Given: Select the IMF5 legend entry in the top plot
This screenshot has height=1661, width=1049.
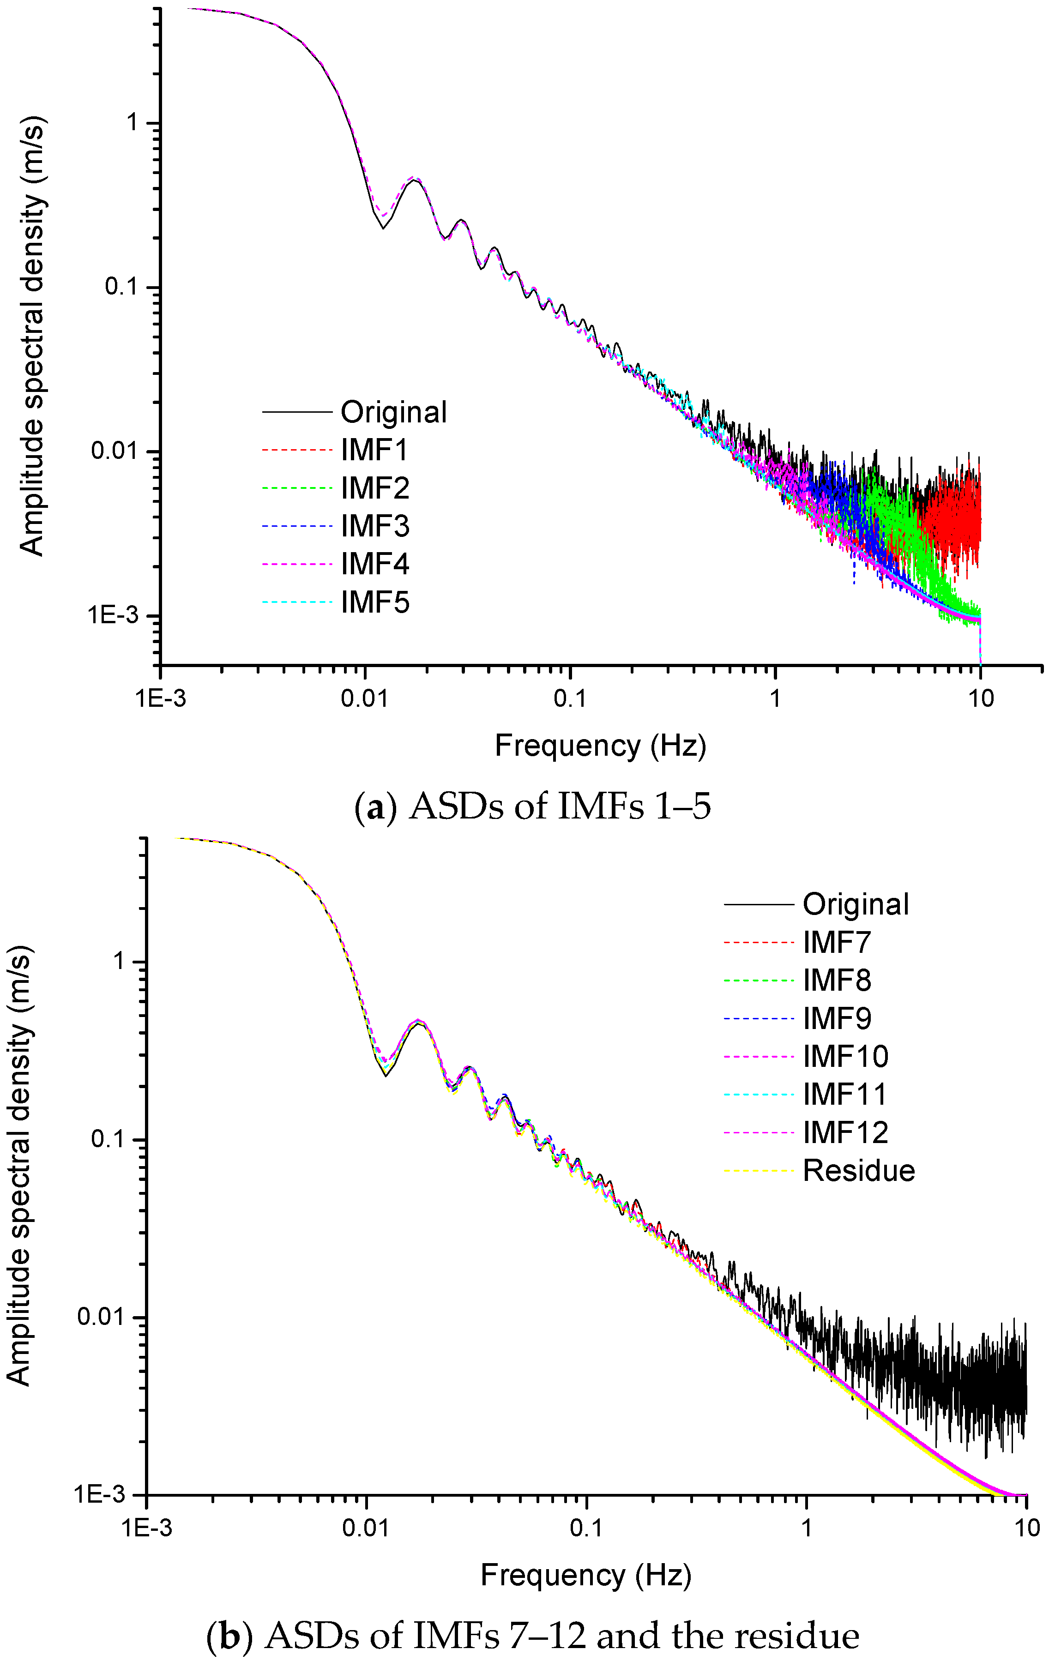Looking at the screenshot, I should point(374,602).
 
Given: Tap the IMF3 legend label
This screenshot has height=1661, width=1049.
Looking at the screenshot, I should point(374,526).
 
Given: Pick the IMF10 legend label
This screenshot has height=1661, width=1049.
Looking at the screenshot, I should point(845,1056).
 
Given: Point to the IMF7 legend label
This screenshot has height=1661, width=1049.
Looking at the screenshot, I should point(837,942).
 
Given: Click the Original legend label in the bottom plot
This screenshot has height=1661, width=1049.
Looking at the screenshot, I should point(855,904).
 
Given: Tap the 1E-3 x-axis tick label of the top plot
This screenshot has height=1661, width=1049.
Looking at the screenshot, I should point(160,698).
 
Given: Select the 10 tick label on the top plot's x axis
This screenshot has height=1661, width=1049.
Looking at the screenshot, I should point(980,698).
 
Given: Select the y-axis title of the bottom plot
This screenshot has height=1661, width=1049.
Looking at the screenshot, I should point(19,1166).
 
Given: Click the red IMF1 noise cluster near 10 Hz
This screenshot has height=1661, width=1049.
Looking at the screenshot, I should point(955,518).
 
